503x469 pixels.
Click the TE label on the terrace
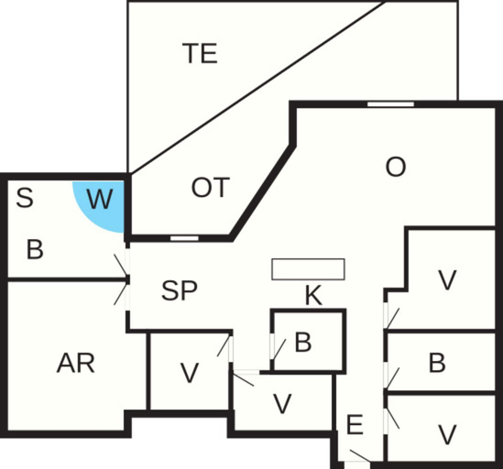point(200,53)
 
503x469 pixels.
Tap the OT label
point(211,188)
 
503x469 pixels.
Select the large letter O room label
point(396,167)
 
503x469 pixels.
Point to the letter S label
point(25,198)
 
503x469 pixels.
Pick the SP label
point(179,290)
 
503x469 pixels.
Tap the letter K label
point(313,296)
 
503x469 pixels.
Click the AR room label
point(76,364)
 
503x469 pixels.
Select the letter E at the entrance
point(355,424)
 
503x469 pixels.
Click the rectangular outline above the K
point(308,269)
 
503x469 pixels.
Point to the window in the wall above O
point(390,104)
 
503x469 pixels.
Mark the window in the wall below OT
point(184,238)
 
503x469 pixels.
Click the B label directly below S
point(35,250)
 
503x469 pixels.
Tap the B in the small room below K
point(303,343)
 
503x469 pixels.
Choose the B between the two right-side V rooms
point(437,363)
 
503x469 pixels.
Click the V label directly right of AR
point(190,373)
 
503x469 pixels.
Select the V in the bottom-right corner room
point(447,435)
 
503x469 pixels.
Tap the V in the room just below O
point(447,280)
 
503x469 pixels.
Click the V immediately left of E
point(282,404)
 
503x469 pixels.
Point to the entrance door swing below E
point(359,456)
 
